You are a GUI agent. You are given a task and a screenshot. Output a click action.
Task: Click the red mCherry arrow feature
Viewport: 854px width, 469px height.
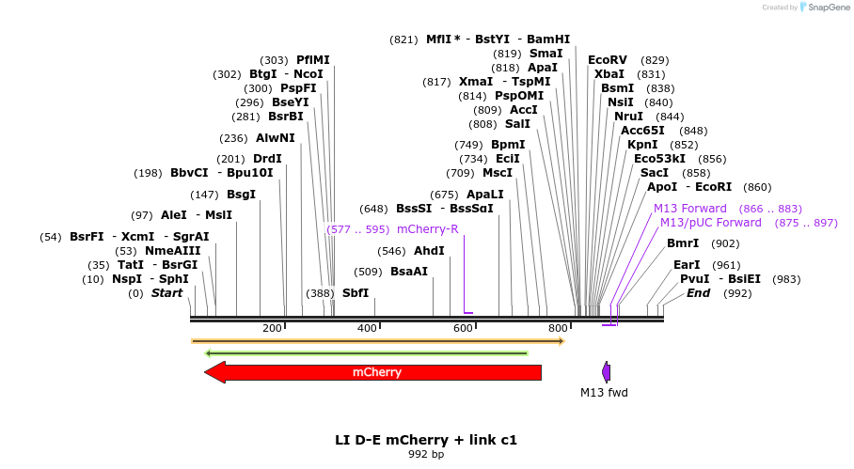[376, 372]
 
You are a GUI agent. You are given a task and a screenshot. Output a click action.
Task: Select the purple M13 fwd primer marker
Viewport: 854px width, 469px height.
[607, 371]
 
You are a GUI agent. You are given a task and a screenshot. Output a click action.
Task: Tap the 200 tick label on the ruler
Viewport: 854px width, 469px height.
[272, 328]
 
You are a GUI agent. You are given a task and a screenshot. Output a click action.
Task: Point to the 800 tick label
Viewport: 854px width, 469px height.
[558, 328]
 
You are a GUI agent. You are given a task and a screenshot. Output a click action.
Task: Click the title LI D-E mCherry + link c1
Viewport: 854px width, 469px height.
[426, 440]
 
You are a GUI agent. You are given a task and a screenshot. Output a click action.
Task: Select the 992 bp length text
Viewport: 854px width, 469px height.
[426, 455]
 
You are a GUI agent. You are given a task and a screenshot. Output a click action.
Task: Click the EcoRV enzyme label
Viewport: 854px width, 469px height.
[607, 60]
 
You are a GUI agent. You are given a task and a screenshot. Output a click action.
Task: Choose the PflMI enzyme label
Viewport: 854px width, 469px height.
[313, 60]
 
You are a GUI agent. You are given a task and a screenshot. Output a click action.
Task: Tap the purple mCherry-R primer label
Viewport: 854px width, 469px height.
[428, 228]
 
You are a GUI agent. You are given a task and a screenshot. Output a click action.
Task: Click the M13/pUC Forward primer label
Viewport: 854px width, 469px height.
[710, 223]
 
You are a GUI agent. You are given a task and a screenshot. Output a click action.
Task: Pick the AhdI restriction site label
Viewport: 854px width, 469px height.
[429, 251]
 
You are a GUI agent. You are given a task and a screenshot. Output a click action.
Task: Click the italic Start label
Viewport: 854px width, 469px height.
[167, 293]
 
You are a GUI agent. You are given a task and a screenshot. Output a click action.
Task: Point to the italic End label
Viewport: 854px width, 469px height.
[698, 293]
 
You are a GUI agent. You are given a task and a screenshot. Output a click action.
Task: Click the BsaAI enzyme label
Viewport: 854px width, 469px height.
[409, 272]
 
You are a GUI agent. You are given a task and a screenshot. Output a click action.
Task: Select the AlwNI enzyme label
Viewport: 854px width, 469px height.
[275, 137]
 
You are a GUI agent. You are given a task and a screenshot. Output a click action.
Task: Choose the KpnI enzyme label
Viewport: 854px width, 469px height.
[642, 145]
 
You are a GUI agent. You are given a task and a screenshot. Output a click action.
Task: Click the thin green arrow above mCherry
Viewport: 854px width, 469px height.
[367, 353]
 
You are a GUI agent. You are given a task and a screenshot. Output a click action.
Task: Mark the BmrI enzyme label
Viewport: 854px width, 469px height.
[682, 243]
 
